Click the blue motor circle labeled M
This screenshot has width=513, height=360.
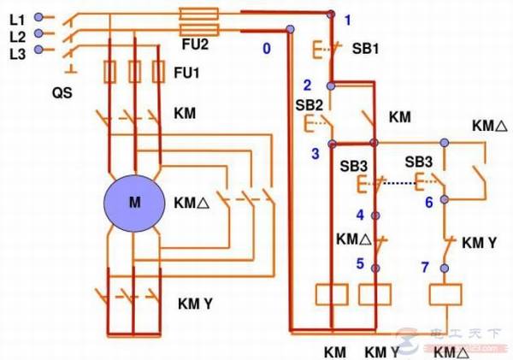point(134,203)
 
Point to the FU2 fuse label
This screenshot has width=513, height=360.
point(194,40)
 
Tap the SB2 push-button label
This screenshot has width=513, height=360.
point(309,104)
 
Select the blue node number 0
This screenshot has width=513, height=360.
point(267,49)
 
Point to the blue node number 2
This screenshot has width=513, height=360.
point(307,84)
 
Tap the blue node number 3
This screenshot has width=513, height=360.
point(315,153)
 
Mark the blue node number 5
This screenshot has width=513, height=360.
point(361,263)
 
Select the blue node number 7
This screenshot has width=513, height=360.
point(425,268)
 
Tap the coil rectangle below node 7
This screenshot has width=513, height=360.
point(444,295)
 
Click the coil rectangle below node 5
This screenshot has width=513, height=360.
point(374,294)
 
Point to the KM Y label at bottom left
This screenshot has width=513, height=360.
point(195,301)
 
